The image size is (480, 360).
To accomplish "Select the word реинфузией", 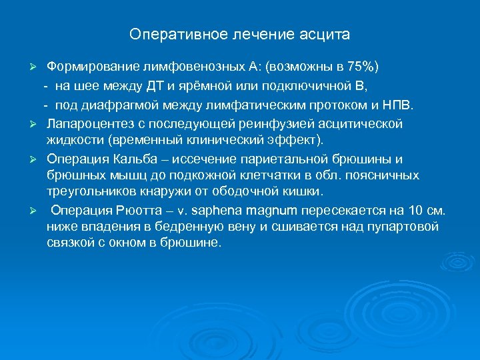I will point(251,123).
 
